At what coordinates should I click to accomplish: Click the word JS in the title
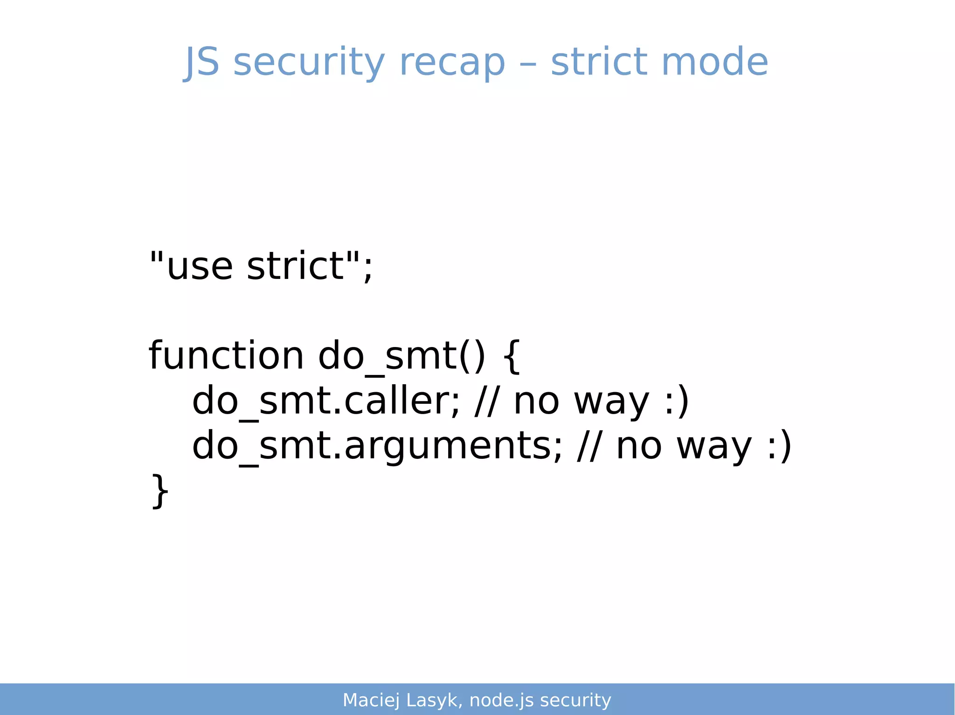pyautogui.click(x=201, y=62)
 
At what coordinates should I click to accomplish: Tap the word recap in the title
pyautogui.click(x=452, y=62)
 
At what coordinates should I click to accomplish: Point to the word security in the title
pyautogui.click(x=309, y=62)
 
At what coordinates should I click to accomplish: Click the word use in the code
pyautogui.click(x=200, y=267)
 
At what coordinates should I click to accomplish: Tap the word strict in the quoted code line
pyautogui.click(x=295, y=266)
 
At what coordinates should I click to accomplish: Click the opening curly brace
pyautogui.click(x=512, y=356)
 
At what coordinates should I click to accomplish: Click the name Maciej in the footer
pyautogui.click(x=371, y=700)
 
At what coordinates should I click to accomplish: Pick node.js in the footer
pyautogui.click(x=501, y=700)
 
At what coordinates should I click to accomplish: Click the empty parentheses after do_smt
pyautogui.click(x=472, y=356)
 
